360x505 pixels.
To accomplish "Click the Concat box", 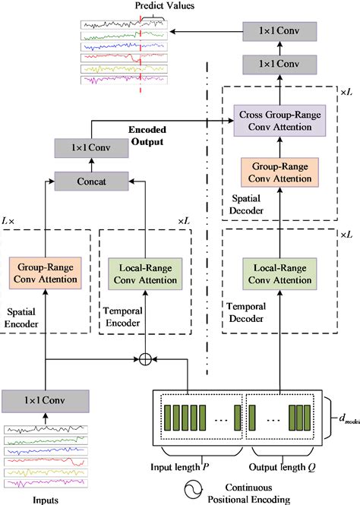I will (90, 181).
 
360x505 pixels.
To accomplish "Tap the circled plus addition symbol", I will (145, 358).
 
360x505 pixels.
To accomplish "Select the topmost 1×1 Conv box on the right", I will (279, 31).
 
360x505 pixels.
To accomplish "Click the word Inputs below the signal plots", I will (46, 498).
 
